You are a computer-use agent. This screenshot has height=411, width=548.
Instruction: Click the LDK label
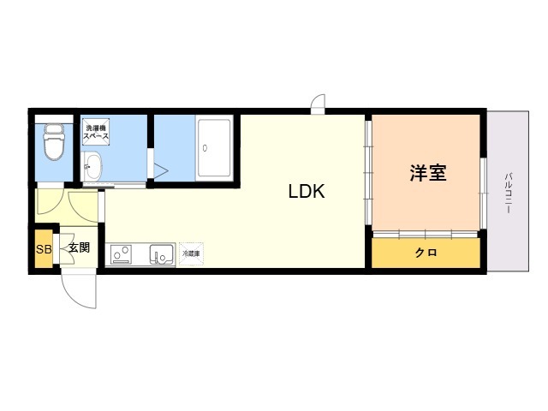[x=306, y=192]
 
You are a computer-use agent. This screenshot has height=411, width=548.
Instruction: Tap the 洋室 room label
[x=427, y=173]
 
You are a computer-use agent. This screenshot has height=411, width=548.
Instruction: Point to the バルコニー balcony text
[x=509, y=194]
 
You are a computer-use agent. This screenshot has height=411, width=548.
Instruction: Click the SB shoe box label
[x=43, y=249]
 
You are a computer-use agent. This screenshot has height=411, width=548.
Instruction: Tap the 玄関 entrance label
[x=80, y=248]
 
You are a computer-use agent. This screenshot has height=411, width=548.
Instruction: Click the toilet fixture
[x=54, y=142]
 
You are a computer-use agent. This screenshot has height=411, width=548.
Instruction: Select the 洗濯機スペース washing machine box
[x=95, y=134]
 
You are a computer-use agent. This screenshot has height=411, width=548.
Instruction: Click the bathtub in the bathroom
[x=214, y=147]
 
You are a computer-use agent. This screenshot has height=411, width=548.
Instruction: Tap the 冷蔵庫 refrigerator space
[x=190, y=254]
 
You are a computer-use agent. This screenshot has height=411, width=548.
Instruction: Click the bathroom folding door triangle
[x=159, y=168]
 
